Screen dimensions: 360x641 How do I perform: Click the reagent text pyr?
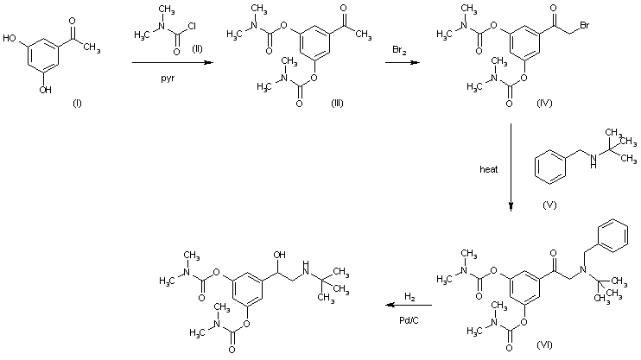pyautogui.click(x=168, y=76)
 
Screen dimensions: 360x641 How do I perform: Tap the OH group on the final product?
pyautogui.click(x=277, y=256)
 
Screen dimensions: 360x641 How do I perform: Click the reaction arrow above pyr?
pyautogui.click(x=169, y=63)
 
